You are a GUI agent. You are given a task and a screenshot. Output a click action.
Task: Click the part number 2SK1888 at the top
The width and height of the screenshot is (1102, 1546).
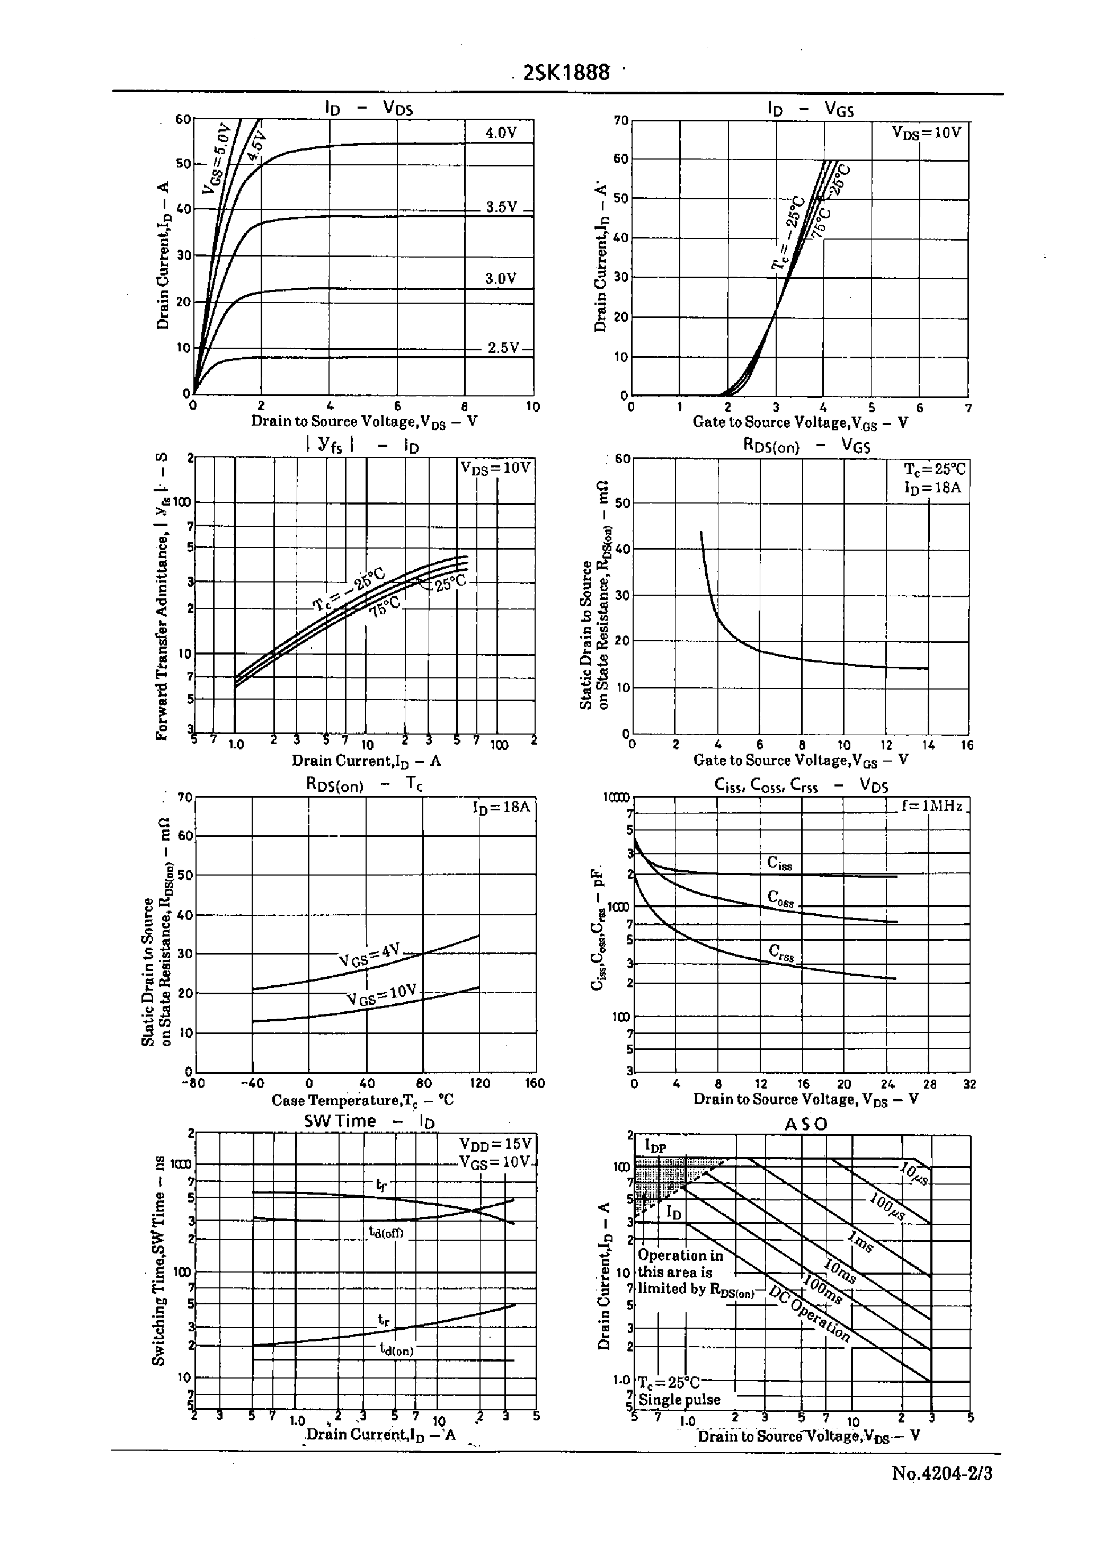point(566,73)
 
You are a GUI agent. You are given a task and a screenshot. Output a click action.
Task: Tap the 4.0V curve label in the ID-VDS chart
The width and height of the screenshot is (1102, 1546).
point(501,132)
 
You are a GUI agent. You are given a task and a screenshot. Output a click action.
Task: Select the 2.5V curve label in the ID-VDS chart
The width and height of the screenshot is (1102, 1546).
point(503,348)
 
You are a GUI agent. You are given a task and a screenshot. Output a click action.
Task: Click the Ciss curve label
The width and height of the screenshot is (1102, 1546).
point(780,863)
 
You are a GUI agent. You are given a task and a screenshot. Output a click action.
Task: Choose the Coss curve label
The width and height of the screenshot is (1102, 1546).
point(780,898)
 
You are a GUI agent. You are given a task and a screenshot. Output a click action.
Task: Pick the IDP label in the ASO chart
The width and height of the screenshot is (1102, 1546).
point(655,1147)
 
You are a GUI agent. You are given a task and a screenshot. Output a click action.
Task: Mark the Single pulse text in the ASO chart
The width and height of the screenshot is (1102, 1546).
point(679,1399)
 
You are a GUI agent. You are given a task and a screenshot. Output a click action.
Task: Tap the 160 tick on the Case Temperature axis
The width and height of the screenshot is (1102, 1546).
point(535,1083)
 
